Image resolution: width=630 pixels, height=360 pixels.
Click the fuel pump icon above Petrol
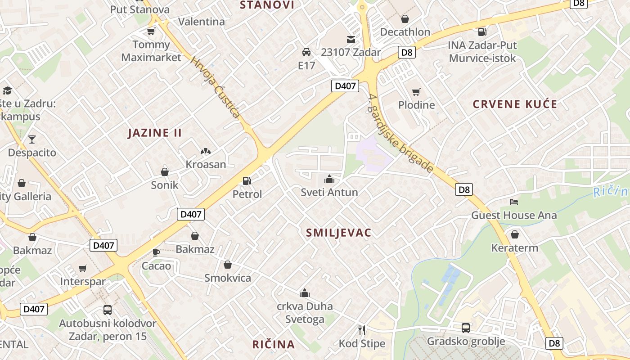tap(247, 181)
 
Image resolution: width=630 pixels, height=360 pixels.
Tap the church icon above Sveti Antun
tap(329, 179)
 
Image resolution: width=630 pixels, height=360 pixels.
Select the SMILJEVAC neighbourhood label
tap(338, 233)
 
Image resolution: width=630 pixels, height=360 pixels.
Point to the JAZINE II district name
tap(155, 133)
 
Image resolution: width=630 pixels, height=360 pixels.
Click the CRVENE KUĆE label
tap(515, 104)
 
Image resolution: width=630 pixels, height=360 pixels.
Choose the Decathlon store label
tap(405, 32)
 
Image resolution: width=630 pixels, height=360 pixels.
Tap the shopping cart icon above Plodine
tap(416, 92)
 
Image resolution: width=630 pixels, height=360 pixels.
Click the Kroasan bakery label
tap(206, 164)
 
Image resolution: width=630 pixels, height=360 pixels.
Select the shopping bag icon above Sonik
tap(165, 171)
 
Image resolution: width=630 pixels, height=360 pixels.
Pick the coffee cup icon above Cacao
tap(156, 252)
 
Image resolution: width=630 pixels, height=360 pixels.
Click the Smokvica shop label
tap(228, 278)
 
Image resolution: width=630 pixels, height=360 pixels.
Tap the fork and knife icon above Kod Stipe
tap(362, 330)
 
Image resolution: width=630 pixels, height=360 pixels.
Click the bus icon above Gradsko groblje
tap(466, 328)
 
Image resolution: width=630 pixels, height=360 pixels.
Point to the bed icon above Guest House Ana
tap(514, 202)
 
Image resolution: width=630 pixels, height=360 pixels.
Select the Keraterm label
tap(514, 247)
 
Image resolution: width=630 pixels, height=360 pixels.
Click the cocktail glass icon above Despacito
tap(32, 139)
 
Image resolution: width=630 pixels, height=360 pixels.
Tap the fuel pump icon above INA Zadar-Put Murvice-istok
tap(482, 31)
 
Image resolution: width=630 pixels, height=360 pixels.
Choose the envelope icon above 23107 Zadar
tap(351, 39)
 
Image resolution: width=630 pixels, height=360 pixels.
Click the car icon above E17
tap(306, 52)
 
